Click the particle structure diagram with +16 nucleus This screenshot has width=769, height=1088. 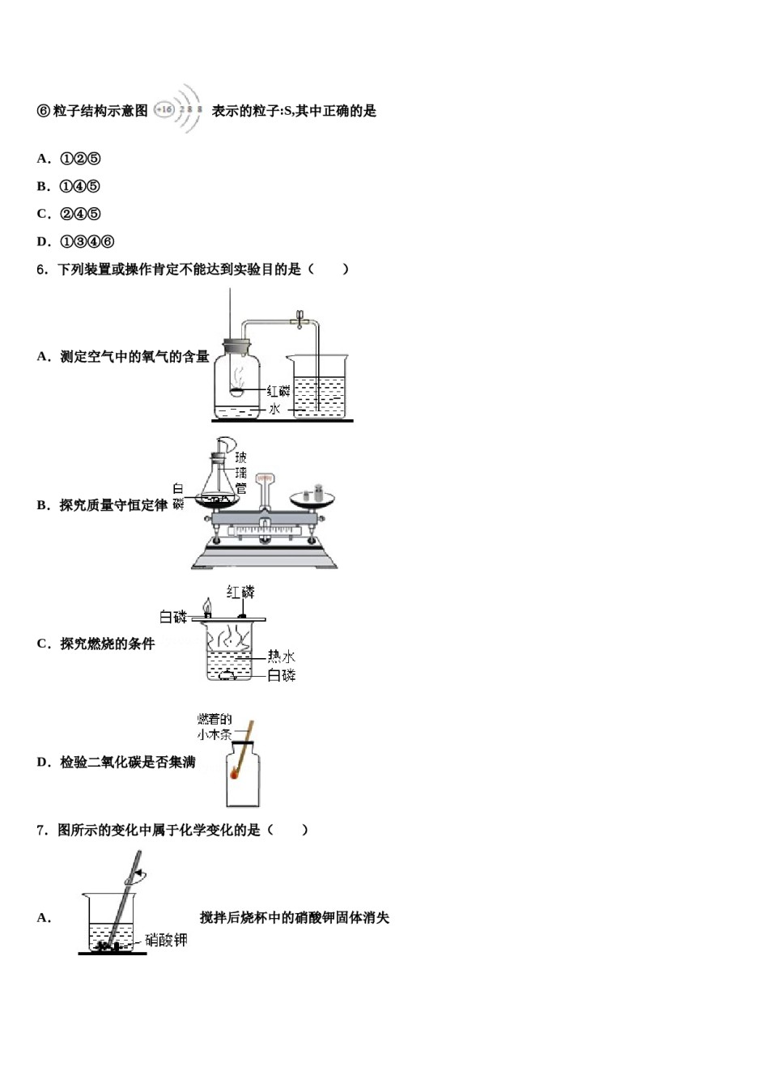178,109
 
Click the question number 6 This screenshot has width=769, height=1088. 42,270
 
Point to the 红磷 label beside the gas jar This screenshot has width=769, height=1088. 278,391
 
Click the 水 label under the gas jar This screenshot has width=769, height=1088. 274,410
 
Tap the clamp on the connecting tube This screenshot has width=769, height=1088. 300,321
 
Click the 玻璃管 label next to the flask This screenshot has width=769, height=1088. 240,473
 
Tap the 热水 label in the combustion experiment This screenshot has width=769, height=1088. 282,657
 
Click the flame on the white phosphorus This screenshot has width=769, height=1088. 207,606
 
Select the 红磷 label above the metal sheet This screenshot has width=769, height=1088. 240,593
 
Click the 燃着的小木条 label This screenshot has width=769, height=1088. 215,727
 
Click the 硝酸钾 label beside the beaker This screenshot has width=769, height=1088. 166,940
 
